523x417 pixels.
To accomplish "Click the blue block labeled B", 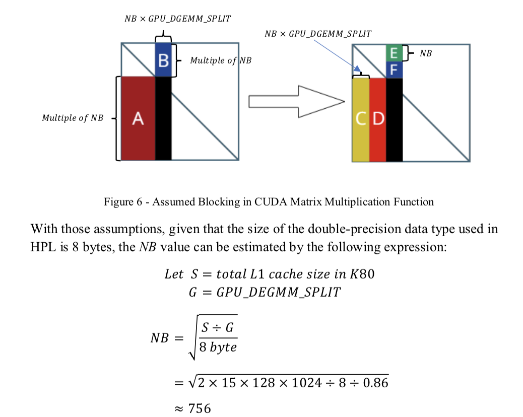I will [x=163, y=60].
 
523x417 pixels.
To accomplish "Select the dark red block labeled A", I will [x=138, y=118].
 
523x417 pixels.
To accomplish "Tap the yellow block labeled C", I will [x=361, y=119].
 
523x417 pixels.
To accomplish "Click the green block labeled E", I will [x=394, y=53].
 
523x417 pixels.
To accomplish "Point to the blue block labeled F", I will [x=394, y=69].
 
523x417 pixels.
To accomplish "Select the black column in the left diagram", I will [x=163, y=118].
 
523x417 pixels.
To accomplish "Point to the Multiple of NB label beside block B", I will [x=221, y=60].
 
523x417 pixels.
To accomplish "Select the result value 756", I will [x=200, y=408].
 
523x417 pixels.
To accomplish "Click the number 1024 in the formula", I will [x=304, y=383].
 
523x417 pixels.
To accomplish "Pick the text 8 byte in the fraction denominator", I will [x=218, y=347].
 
